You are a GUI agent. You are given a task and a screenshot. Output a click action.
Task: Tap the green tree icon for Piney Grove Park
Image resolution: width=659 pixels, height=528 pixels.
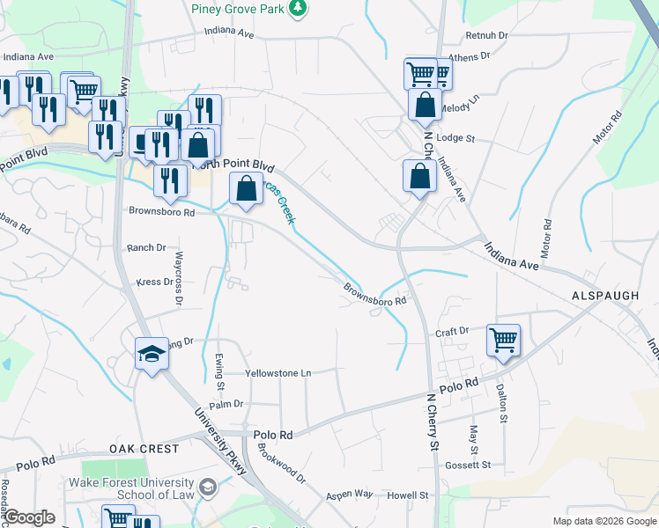(300, 7)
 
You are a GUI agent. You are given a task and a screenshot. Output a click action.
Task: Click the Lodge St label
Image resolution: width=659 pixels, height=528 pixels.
(455, 138)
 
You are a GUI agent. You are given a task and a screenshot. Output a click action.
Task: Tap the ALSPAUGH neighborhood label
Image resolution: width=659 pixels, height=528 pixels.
(604, 297)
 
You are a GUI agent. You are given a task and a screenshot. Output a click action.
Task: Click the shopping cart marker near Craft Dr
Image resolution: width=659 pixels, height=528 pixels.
(503, 339)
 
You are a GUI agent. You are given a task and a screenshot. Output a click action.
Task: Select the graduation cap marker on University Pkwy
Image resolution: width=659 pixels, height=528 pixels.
(152, 355)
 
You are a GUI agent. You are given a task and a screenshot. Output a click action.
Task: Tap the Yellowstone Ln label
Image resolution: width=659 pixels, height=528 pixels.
(278, 373)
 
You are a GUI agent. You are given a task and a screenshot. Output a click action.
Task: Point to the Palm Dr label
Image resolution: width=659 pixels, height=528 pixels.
(226, 404)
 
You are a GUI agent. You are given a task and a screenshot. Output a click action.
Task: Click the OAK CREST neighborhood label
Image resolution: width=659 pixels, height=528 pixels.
(144, 449)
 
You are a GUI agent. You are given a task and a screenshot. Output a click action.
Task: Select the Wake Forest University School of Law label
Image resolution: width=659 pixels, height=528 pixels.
(131, 489)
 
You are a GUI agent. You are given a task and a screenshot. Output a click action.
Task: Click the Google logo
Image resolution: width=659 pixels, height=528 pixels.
(30, 517)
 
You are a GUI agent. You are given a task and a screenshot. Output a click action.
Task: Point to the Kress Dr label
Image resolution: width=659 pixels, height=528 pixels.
(155, 282)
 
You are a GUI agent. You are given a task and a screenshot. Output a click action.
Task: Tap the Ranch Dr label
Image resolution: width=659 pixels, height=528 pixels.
(146, 248)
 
